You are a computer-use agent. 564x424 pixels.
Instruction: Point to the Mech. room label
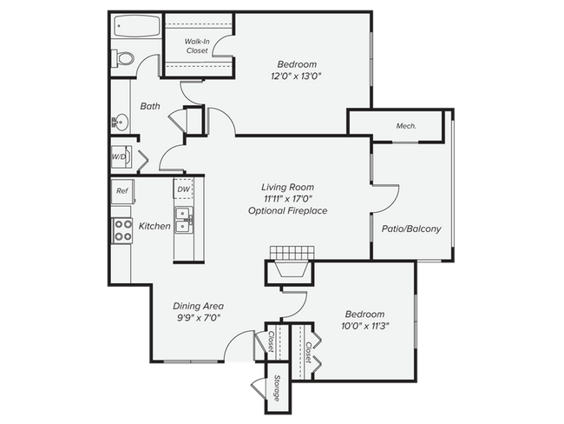coord(406,126)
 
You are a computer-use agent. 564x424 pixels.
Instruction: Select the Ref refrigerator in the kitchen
coord(121,189)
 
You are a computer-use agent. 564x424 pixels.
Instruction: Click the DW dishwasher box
coord(183,189)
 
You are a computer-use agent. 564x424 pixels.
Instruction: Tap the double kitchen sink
coord(183,221)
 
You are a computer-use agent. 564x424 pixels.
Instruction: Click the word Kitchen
coord(154,226)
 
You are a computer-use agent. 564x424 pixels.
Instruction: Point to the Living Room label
coord(287,187)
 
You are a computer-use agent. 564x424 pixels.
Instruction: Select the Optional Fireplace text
coord(287,211)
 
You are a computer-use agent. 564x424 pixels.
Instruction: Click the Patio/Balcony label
coord(411,229)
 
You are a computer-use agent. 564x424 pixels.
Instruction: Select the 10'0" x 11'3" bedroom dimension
coord(364,327)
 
